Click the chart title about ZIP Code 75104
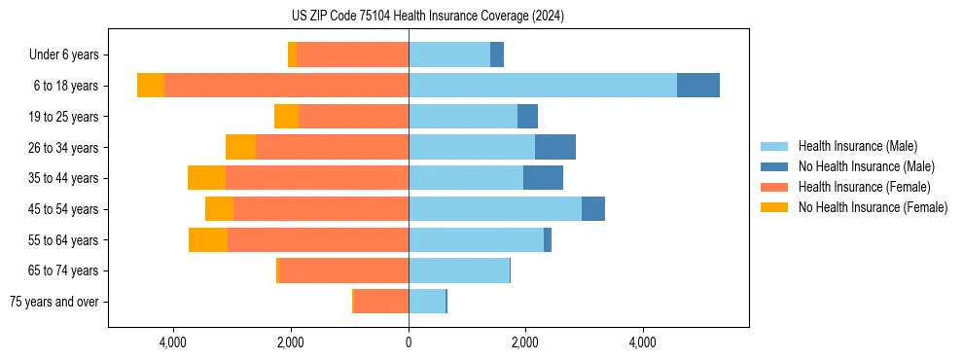point(428,17)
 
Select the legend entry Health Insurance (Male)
point(856,146)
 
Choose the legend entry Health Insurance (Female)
point(864,187)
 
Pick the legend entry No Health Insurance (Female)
point(873,207)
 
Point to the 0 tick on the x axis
point(409,343)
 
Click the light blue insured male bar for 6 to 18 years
point(543,86)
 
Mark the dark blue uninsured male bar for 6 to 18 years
point(698,86)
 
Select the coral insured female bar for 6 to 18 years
point(286,86)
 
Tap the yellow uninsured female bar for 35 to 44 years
point(206,178)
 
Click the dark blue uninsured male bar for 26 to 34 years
point(555,147)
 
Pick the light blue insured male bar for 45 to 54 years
point(495,209)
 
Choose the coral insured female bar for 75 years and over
point(381,302)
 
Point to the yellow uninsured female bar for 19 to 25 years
point(286,117)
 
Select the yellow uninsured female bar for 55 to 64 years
point(208,239)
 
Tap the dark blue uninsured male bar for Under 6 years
point(497,54)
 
